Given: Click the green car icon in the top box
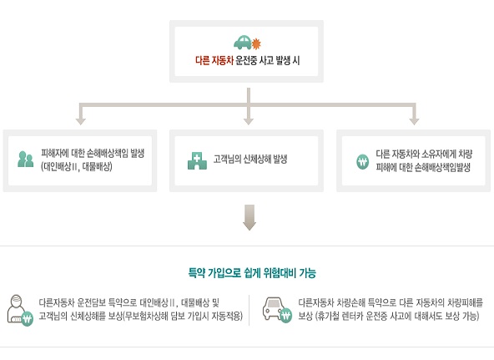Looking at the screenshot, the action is coord(243,43).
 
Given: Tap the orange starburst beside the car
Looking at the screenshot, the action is coord(256,43).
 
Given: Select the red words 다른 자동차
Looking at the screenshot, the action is coord(214,60).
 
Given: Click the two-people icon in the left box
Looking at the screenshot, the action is coord(26,160).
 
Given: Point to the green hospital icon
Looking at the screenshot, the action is coord(197,160).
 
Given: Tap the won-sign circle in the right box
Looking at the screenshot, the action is coord(363,162).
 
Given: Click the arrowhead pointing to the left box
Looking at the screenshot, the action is coord(81,121).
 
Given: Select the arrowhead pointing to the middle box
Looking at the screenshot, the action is coord(249,121).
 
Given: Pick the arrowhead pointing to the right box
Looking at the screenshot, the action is coord(414,121).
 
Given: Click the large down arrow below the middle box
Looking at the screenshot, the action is coord(250,217).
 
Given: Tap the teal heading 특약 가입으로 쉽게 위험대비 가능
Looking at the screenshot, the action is coord(252,272).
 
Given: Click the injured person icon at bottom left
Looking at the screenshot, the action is coord(19,311).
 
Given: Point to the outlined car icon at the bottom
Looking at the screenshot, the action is coord(276,310).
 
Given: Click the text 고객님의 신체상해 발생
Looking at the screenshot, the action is coord(250,160).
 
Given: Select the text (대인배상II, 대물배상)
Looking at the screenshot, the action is coord(77,166).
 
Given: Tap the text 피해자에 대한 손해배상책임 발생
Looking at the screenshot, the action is coord(93,154).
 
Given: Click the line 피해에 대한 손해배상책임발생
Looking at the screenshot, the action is coord(423,167).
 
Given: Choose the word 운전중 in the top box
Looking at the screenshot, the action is coord(246,60).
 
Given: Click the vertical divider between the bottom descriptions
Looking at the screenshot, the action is coord(249,310).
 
